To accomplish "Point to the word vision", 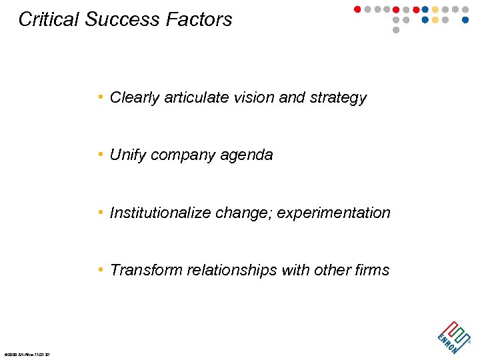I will click(x=255, y=97).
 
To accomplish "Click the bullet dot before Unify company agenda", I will click(x=100, y=155).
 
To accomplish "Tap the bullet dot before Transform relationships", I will click(x=100, y=269).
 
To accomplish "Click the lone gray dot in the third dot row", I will click(x=396, y=30).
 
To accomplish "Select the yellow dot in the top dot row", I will click(x=435, y=9).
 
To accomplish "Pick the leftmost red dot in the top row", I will click(x=357, y=9).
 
